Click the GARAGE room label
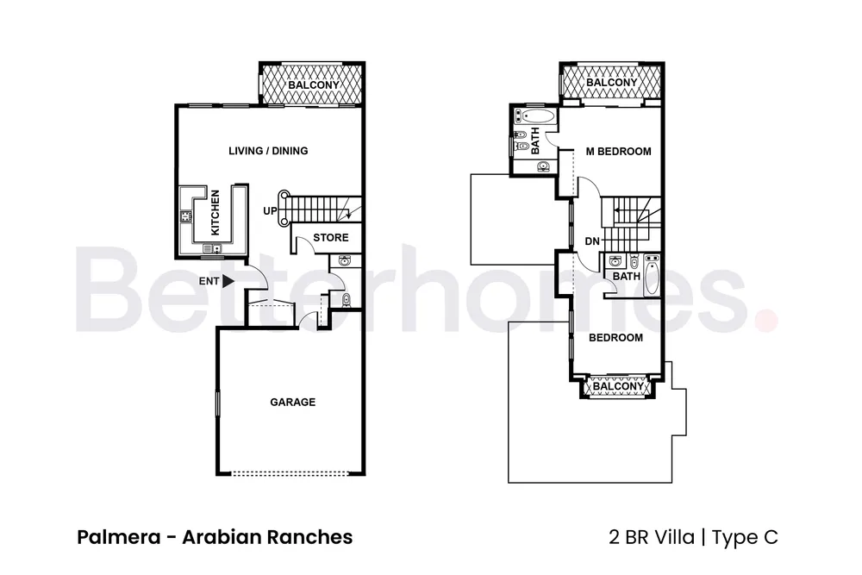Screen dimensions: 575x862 click(292, 402)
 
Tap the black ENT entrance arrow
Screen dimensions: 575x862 click(228, 280)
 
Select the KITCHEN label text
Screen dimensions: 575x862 click(215, 213)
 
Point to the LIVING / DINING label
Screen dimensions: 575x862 click(268, 151)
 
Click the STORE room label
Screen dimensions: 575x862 click(331, 238)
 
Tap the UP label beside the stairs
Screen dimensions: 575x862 click(270, 210)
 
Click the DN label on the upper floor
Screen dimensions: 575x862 click(591, 241)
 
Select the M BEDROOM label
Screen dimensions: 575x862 click(618, 152)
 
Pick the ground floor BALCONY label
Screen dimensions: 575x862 click(313, 86)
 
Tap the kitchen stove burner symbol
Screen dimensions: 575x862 click(186, 216)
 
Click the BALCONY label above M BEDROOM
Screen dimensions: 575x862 click(612, 83)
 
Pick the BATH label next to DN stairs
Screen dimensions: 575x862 click(627, 277)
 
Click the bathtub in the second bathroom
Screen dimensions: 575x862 click(651, 277)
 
